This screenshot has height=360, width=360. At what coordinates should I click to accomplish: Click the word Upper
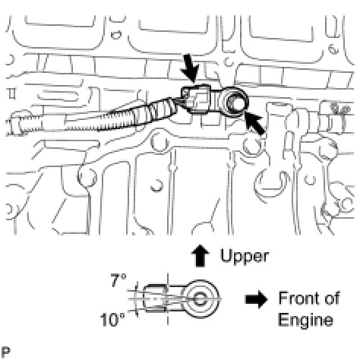(244, 257)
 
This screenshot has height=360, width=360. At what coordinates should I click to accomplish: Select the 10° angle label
(112, 320)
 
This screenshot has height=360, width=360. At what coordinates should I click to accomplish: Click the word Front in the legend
(297, 298)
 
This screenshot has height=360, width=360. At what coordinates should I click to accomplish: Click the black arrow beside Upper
(201, 255)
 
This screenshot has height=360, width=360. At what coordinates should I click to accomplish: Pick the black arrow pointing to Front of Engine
(256, 299)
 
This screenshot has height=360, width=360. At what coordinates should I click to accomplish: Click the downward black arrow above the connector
(189, 68)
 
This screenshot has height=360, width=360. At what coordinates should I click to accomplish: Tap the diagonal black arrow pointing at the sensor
(254, 124)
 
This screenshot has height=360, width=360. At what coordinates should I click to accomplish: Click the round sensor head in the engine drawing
(234, 102)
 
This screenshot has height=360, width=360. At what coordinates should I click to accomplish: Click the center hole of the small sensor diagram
(201, 299)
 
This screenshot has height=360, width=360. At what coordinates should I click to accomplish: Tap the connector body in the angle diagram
(155, 298)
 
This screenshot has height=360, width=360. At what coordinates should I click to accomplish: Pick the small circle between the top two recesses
(116, 35)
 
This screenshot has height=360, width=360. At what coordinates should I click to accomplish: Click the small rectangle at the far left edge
(11, 93)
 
